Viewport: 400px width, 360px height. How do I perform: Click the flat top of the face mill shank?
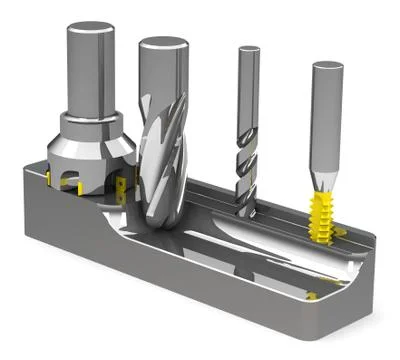point(87,27)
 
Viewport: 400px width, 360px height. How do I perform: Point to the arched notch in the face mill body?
point(76,185)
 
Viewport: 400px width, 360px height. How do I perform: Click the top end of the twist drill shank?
point(249,48)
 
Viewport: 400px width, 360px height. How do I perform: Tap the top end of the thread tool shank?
point(328,67)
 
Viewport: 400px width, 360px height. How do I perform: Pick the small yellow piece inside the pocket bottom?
point(312,296)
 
